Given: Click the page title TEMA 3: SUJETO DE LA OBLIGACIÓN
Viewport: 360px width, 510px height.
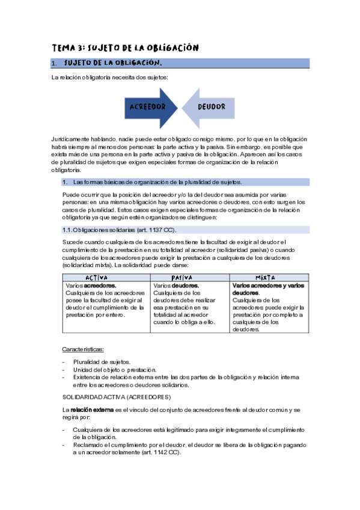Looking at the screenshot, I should click(125, 47).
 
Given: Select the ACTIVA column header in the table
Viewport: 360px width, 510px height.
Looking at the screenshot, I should click(106, 277).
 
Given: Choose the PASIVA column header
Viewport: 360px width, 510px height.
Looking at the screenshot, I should click(190, 277).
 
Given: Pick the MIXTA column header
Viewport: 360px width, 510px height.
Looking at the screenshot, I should click(269, 277).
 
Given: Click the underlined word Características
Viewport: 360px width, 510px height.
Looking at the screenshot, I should click(82, 349).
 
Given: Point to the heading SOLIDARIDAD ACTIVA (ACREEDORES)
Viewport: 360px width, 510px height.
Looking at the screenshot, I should click(117, 398).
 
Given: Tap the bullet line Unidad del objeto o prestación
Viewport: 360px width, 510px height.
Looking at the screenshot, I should click(114, 369).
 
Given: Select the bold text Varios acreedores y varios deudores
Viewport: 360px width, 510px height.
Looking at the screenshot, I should click(267, 289).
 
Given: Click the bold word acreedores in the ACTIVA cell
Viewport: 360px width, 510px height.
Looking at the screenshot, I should click(99, 285).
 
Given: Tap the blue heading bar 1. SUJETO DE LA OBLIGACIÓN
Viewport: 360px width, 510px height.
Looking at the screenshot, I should click(180, 63).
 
